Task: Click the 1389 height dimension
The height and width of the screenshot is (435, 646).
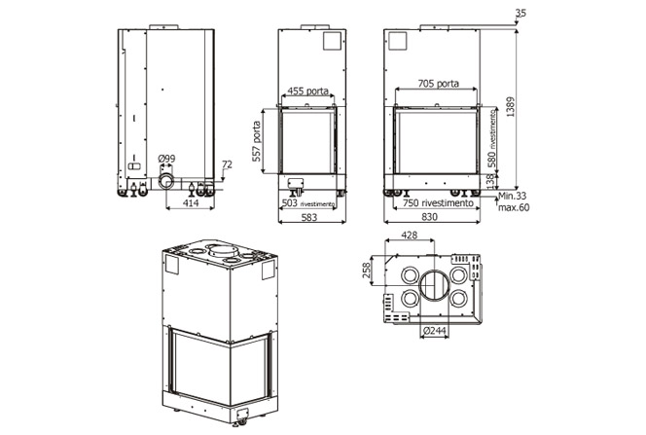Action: (511, 107)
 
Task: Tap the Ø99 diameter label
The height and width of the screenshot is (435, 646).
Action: (166, 159)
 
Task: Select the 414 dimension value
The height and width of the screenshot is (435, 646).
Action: (191, 202)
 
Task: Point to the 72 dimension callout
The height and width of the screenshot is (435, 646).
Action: (227, 164)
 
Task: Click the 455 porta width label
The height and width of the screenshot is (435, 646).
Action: (307, 91)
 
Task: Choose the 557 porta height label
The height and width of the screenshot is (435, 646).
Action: (256, 140)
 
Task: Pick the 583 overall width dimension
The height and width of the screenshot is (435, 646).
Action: (309, 217)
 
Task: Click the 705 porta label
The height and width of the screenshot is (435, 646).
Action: (439, 84)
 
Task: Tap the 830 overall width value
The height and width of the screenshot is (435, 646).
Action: (429, 217)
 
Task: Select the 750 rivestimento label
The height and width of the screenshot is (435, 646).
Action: (438, 203)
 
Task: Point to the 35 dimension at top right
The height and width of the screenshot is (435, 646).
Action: (520, 14)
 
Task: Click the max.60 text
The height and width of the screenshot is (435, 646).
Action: (514, 207)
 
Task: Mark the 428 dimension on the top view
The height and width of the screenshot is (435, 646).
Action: (410, 235)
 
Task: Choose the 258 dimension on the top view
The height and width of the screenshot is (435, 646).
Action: (366, 271)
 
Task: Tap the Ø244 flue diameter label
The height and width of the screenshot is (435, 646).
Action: (434, 331)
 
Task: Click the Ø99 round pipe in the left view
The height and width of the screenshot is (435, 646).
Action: (166, 181)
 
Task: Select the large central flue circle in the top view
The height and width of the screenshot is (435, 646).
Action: (434, 286)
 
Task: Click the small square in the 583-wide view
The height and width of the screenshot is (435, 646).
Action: (332, 41)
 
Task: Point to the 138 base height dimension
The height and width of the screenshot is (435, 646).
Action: (490, 181)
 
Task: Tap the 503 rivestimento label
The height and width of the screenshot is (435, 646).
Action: (307, 203)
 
